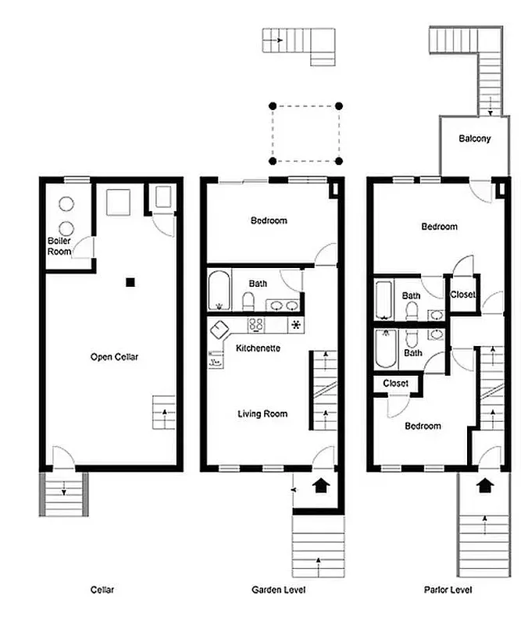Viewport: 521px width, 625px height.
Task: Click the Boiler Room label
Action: point(59,246)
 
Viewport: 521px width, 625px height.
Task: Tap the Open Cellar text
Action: point(114,357)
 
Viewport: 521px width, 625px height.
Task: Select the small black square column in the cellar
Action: point(131,282)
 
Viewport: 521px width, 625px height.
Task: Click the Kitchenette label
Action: point(258,348)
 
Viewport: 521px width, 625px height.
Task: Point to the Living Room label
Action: point(262,414)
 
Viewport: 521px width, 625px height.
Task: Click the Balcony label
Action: point(475,139)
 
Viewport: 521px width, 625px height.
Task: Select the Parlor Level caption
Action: point(448,590)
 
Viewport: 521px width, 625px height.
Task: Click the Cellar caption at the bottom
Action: point(102,590)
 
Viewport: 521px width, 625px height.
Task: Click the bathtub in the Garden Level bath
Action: point(219,291)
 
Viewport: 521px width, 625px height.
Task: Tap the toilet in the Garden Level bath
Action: point(248,300)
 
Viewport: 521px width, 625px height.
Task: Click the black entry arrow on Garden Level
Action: point(319,487)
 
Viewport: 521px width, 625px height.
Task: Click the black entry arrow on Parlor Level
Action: point(485,485)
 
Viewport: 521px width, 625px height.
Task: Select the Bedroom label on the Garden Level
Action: point(269,220)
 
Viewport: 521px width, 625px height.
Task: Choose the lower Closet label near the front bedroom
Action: point(396,384)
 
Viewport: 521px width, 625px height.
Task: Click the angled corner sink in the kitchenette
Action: point(219,329)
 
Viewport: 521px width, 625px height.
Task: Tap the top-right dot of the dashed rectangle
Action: point(339,105)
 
